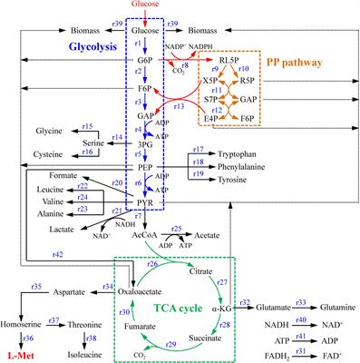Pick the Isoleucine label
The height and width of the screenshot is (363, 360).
pyautogui.click(x=92, y=353)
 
